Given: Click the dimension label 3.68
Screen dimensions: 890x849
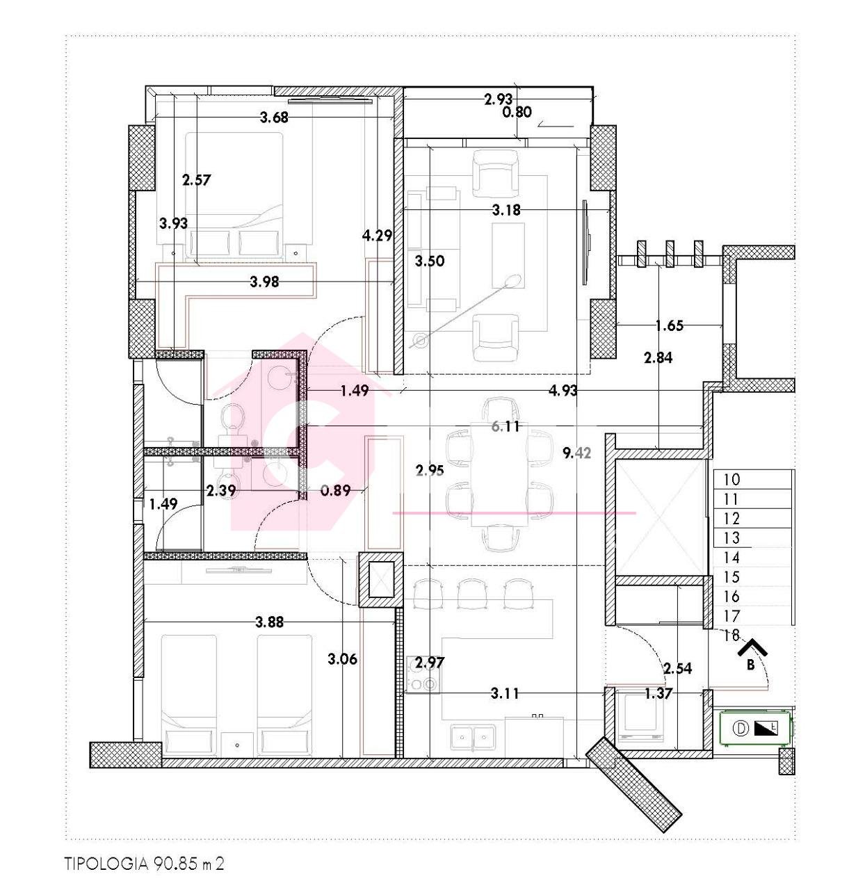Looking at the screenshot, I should (274, 118).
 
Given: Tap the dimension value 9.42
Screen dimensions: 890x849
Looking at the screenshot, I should (576, 453).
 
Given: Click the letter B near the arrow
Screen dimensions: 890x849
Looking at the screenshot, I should (750, 665).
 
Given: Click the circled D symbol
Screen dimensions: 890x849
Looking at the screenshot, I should (741, 728).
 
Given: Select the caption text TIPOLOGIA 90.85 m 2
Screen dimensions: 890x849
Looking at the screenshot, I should (145, 864).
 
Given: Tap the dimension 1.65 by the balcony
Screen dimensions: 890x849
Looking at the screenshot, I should (670, 325).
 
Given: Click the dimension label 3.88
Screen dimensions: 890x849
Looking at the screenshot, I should (269, 622).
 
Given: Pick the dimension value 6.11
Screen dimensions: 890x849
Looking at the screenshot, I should (506, 427).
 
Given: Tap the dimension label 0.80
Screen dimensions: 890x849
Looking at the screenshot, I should (517, 111).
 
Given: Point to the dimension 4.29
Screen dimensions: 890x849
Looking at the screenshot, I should (378, 236).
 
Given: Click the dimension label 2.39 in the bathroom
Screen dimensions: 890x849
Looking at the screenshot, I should (221, 490).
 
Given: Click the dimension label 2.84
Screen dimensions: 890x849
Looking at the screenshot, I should (658, 358).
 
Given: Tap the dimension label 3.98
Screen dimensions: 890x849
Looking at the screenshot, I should (264, 282).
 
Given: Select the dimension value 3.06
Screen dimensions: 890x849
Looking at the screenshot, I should (342, 658).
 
